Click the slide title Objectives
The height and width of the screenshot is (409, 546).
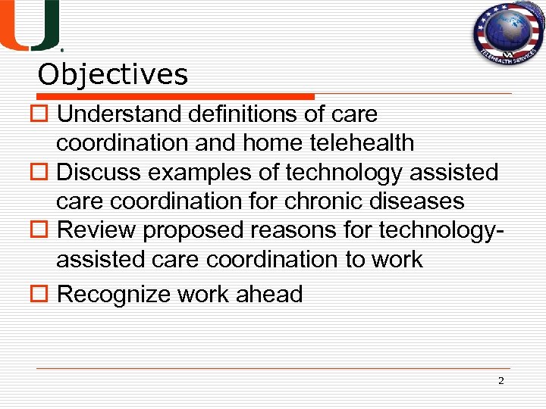click(x=113, y=75)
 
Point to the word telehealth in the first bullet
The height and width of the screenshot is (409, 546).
click(x=362, y=142)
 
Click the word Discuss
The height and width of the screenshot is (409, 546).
click(x=99, y=173)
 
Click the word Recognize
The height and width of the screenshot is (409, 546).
click(x=114, y=294)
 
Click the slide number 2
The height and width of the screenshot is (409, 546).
click(x=500, y=380)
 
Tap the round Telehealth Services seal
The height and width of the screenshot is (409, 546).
click(x=505, y=35)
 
